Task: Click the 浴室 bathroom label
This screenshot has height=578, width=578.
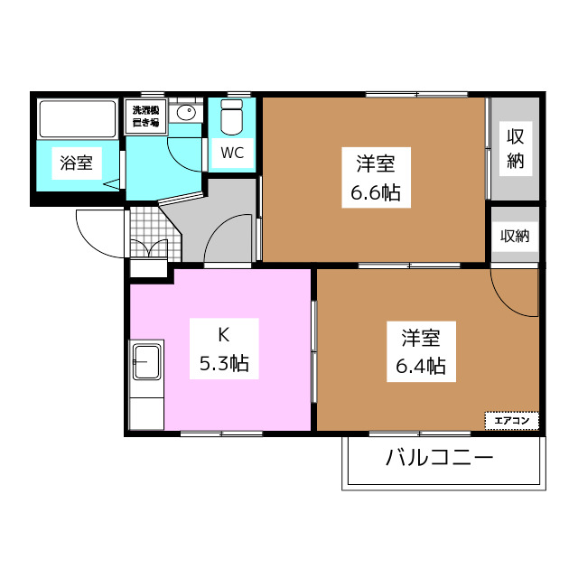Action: tap(76, 163)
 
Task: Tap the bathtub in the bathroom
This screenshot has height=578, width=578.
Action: tap(78, 118)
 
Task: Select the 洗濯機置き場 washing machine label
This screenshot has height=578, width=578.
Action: tap(146, 117)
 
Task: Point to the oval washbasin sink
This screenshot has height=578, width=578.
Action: tap(186, 112)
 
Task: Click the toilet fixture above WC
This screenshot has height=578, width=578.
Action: tap(232, 117)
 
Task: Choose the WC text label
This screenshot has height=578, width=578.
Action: tap(232, 153)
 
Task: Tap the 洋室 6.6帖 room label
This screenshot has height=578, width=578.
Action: tap(376, 178)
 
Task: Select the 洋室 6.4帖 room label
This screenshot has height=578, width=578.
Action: tap(421, 351)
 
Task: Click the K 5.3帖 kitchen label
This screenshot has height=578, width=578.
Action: tap(224, 349)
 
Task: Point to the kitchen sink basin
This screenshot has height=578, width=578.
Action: tap(147, 361)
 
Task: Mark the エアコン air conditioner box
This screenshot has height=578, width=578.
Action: tap(512, 421)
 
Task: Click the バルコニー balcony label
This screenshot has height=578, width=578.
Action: tap(440, 458)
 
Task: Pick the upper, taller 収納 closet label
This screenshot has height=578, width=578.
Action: tap(516, 148)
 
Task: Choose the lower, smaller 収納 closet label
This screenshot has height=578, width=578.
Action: tap(515, 236)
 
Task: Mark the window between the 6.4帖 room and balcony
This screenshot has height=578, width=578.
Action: tap(420, 433)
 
